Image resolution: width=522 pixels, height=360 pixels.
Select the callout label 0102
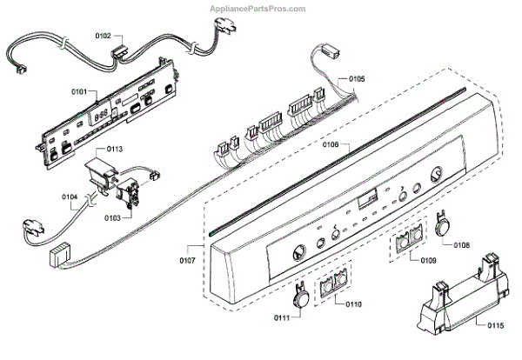pyautogui.click(x=102, y=37)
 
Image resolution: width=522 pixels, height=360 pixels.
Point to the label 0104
pyautogui.click(x=70, y=198)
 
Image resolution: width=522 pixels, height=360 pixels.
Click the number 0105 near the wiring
pyautogui.click(x=357, y=78)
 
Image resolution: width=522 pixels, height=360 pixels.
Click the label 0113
pyautogui.click(x=115, y=148)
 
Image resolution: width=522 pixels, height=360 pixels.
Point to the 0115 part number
pyautogui.click(x=494, y=326)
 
